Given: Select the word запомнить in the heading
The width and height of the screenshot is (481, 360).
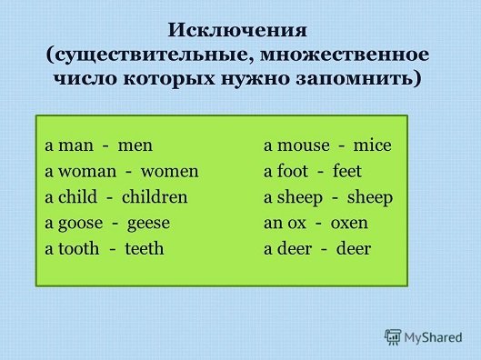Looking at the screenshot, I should [361, 77].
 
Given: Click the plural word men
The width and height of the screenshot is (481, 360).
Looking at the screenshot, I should [135, 146].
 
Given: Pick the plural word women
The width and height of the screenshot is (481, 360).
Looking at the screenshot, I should [169, 172].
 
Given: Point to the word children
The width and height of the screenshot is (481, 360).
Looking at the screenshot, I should [155, 197].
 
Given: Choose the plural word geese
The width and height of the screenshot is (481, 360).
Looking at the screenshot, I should [147, 223].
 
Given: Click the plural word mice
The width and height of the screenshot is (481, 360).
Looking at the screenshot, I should [372, 146].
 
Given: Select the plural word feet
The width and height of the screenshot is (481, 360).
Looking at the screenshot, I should [347, 172].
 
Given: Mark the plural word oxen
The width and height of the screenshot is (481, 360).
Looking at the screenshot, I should [348, 223].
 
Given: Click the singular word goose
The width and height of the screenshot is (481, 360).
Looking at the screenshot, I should [78, 223].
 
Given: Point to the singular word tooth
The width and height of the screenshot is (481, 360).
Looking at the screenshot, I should [77, 248].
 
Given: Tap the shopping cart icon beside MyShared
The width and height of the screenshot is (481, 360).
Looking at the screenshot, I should [394, 336].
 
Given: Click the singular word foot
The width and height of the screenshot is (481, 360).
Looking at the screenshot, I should [293, 172].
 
